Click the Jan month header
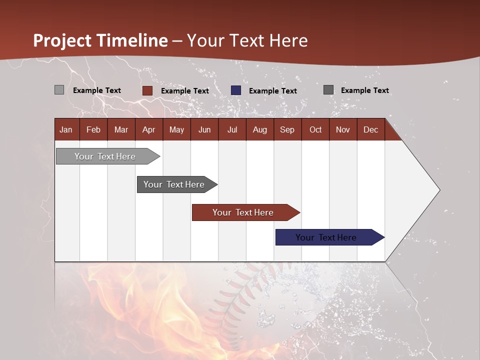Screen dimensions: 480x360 click(x=66, y=130)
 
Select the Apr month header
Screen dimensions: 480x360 click(x=149, y=130)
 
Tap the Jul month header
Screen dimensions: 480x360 click(x=232, y=130)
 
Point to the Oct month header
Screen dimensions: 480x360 click(x=315, y=130)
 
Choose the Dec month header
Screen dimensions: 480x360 click(x=370, y=130)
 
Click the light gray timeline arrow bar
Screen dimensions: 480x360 click(x=108, y=156)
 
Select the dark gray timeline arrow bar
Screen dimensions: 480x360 click(x=177, y=184)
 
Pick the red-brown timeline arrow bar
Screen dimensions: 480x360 click(x=246, y=212)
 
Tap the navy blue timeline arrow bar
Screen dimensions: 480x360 click(x=330, y=237)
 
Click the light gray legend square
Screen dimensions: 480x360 click(x=59, y=90)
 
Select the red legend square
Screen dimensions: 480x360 click(x=147, y=90)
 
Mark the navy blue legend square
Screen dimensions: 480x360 click(x=236, y=90)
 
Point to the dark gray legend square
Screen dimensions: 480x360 click(x=328, y=90)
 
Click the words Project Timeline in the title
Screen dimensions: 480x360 click(x=100, y=40)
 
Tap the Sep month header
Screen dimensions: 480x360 click(x=287, y=130)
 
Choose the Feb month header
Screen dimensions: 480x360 click(x=93, y=130)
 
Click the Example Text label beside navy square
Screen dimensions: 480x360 click(x=273, y=91)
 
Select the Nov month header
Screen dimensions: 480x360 click(x=343, y=130)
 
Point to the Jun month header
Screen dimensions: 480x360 click(x=204, y=130)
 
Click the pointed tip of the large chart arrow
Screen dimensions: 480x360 click(x=440, y=190)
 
